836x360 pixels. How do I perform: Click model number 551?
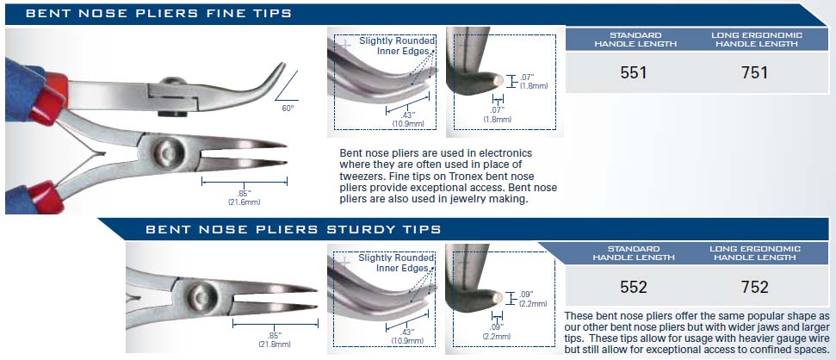(x=634, y=72)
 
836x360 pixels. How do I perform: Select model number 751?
(x=754, y=72)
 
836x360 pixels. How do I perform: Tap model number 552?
(x=634, y=288)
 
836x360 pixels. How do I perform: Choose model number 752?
(x=755, y=288)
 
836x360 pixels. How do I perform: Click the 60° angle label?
(x=288, y=107)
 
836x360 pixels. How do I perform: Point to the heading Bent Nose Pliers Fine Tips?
(x=158, y=13)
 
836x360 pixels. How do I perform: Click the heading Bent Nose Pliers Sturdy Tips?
(x=294, y=229)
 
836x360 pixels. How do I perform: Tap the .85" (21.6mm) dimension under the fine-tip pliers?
(x=245, y=196)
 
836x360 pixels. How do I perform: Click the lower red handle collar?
(x=46, y=197)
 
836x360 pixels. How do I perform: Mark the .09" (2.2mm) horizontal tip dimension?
(x=497, y=332)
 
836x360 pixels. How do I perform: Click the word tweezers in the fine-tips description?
(x=359, y=176)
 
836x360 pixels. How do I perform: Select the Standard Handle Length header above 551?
(x=635, y=40)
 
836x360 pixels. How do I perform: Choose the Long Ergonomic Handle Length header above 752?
(x=755, y=253)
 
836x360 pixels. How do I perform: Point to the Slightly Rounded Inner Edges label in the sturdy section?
(x=396, y=263)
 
